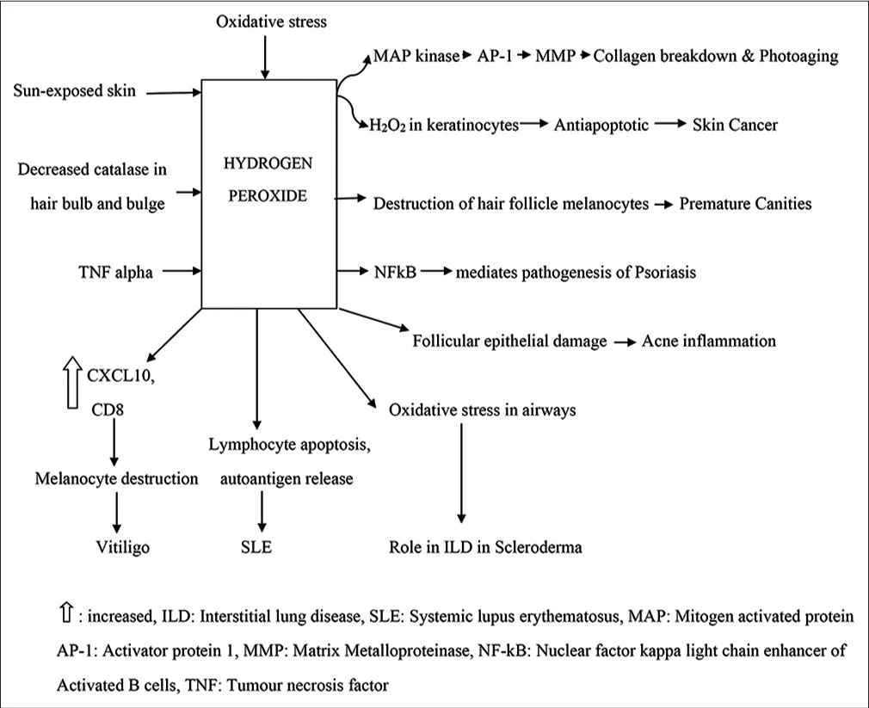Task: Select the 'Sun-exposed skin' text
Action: (75, 90)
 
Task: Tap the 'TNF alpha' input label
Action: (114, 273)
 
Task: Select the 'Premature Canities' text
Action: (745, 204)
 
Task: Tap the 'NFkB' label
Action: (392, 273)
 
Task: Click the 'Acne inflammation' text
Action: (708, 341)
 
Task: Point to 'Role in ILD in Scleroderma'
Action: (485, 546)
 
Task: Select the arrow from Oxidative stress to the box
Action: (265, 57)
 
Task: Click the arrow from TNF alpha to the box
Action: (181, 273)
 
